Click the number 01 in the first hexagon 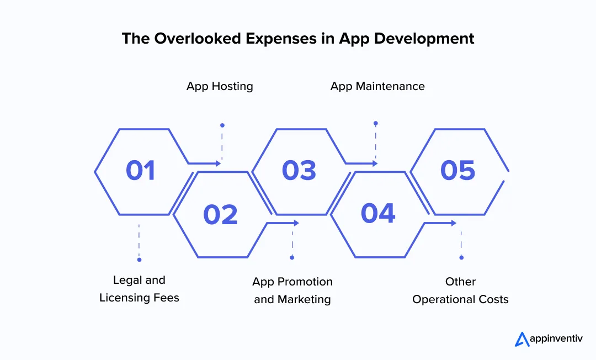tap(141, 171)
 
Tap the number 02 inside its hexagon tap(220, 214)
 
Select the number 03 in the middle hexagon tap(299, 171)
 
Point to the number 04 tap(378, 213)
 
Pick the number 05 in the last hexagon tap(457, 171)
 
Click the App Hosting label tap(220, 86)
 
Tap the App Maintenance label tap(377, 86)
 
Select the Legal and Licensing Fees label tap(139, 289)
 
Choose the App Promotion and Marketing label tap(292, 290)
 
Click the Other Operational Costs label tap(460, 290)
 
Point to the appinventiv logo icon tap(522, 339)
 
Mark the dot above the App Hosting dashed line tap(222, 125)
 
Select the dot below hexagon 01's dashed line tap(139, 260)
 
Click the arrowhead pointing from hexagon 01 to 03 tap(219, 163)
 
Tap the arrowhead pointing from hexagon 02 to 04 tap(296, 223)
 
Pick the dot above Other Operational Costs tap(461, 257)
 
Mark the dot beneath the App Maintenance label tap(375, 123)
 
